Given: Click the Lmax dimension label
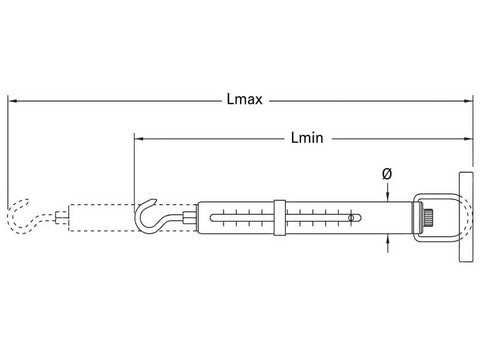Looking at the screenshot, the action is pos(245,99).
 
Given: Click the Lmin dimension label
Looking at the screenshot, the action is pos(307,138).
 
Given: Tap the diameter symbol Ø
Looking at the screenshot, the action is pos(387,174).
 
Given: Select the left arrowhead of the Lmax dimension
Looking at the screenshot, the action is pos(13,100).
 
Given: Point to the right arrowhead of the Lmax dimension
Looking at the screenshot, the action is pos(468,100).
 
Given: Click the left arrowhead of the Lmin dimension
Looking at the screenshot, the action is pos(139,138).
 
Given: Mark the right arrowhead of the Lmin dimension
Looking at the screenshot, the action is pos(468,138).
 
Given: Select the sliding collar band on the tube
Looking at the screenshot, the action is pos(280,218).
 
